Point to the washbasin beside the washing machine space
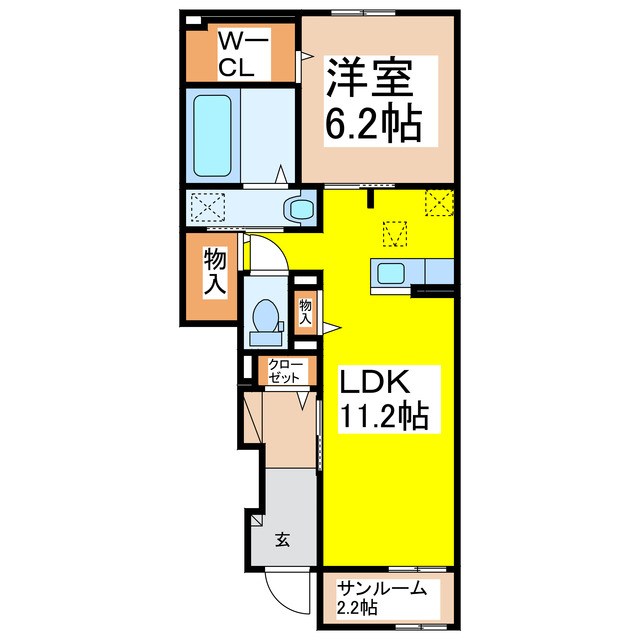click(x=299, y=209)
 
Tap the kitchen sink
click(x=389, y=272)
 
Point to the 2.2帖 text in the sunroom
click(x=357, y=607)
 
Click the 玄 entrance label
click(x=282, y=540)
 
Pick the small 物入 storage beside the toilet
click(x=305, y=313)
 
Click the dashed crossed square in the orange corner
click(x=439, y=202)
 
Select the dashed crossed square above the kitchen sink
click(x=397, y=234)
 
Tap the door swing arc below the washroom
click(x=267, y=249)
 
